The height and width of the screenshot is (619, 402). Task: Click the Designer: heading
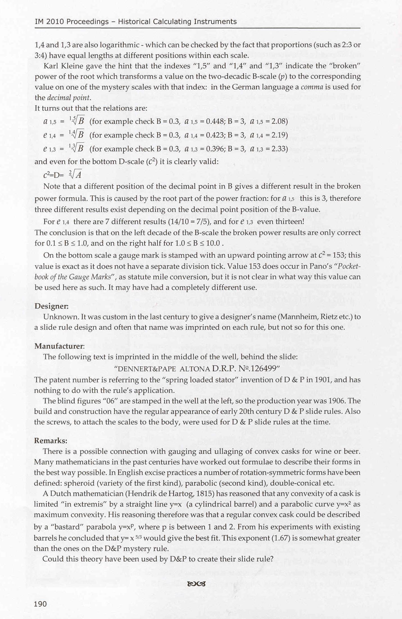pos(51,306)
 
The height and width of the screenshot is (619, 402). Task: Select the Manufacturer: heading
pos(59,346)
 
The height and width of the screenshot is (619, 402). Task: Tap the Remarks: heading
pos(51,440)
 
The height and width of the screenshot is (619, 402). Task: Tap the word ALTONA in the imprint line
pos(194,369)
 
